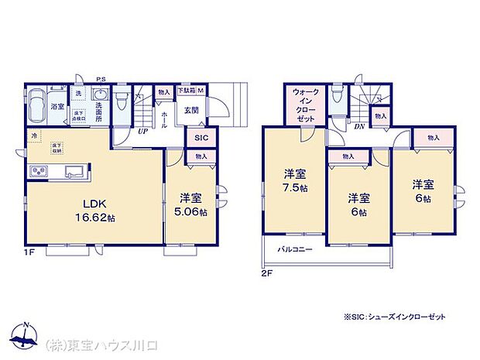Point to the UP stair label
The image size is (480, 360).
pyautogui.click(x=142, y=132)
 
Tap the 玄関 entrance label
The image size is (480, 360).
pyautogui.click(x=190, y=109)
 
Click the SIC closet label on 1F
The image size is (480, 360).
pyautogui.click(x=201, y=137)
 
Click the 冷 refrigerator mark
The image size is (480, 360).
pyautogui.click(x=33, y=135)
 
